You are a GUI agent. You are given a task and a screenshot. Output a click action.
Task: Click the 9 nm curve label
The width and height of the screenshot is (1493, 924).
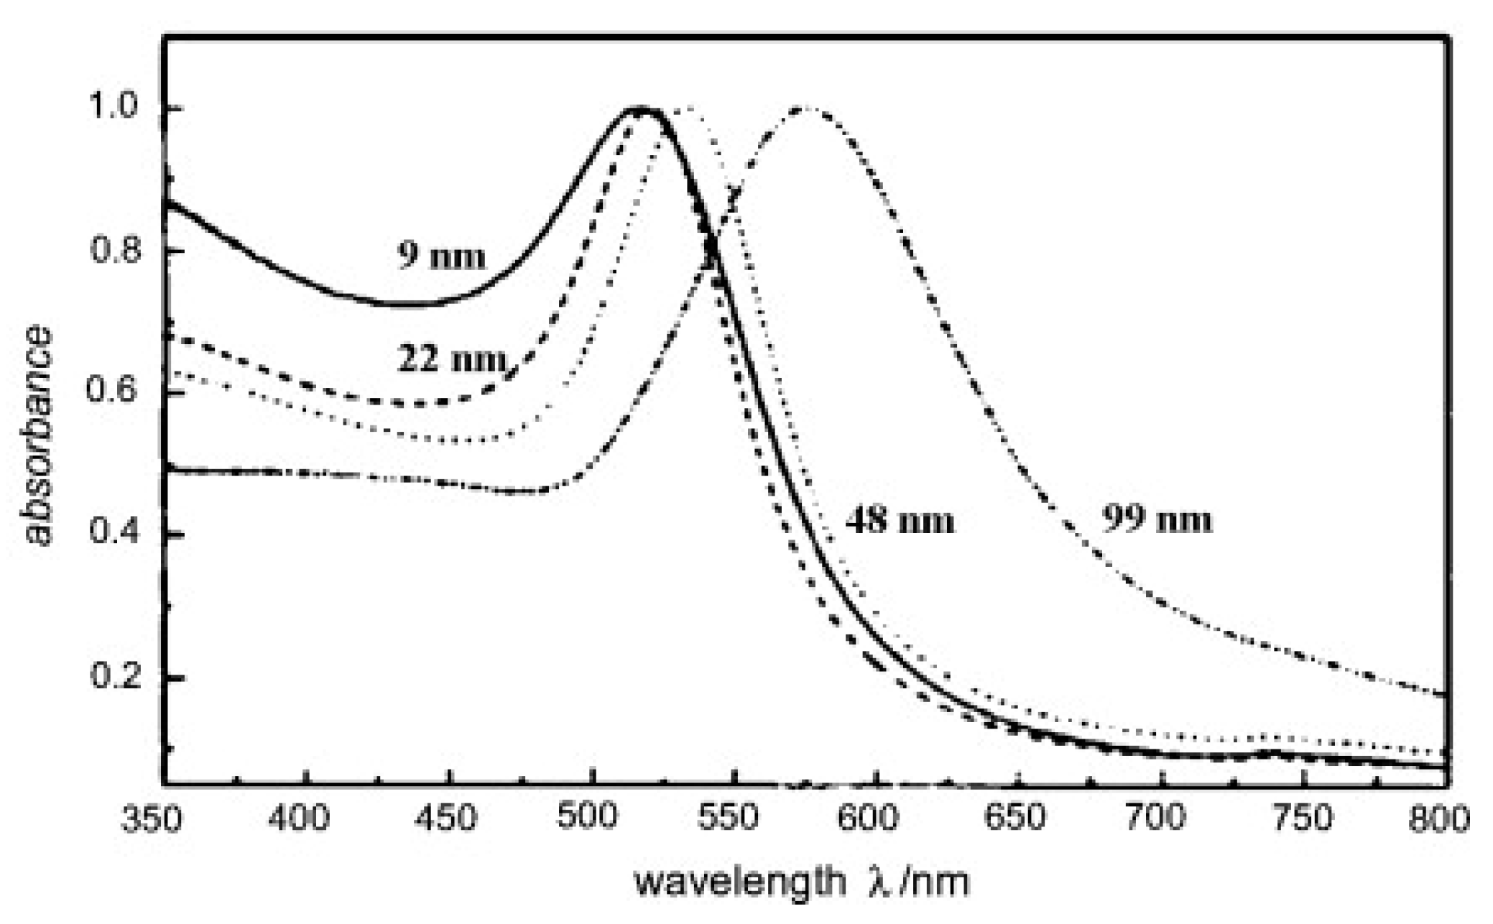coord(442,255)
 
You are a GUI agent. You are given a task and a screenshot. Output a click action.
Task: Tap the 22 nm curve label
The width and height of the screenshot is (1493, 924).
coord(451,359)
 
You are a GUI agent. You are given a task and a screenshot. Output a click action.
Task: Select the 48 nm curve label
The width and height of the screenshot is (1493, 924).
coord(900,519)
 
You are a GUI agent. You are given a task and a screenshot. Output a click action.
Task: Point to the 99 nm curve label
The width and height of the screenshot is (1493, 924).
coord(1157,519)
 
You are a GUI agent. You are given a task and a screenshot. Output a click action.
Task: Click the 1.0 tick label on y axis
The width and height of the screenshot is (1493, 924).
coord(111,109)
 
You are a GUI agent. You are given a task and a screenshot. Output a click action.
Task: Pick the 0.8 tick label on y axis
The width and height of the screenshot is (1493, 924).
coord(111,251)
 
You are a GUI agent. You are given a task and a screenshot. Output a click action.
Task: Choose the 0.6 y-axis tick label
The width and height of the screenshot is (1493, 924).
coord(111,393)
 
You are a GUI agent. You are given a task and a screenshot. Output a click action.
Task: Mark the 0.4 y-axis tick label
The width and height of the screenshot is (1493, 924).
coord(111,535)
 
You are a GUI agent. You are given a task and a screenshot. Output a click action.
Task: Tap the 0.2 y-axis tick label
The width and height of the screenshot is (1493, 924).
coord(111,677)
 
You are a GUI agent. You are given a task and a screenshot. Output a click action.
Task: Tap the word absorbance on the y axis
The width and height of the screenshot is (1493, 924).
coord(38,436)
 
